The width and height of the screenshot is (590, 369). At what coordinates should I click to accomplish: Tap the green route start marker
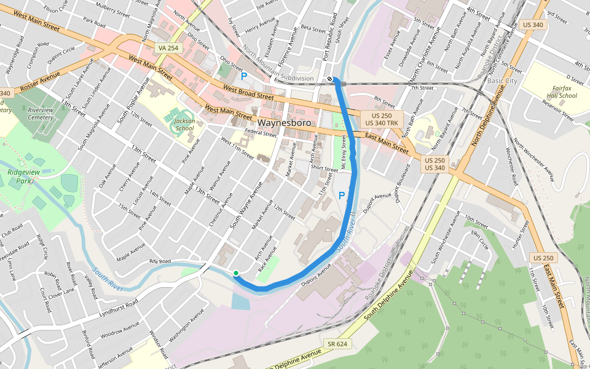236,273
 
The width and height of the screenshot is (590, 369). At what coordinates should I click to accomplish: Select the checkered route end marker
331,79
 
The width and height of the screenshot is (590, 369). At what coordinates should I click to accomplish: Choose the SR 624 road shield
337,344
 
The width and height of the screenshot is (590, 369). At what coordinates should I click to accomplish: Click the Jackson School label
184,124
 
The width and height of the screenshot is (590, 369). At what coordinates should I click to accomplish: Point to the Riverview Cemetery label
41,113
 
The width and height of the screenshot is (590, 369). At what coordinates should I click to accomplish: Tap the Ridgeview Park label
20,177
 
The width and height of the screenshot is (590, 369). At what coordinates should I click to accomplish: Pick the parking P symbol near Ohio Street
244,76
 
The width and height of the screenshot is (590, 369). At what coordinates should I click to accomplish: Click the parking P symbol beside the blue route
342,196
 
